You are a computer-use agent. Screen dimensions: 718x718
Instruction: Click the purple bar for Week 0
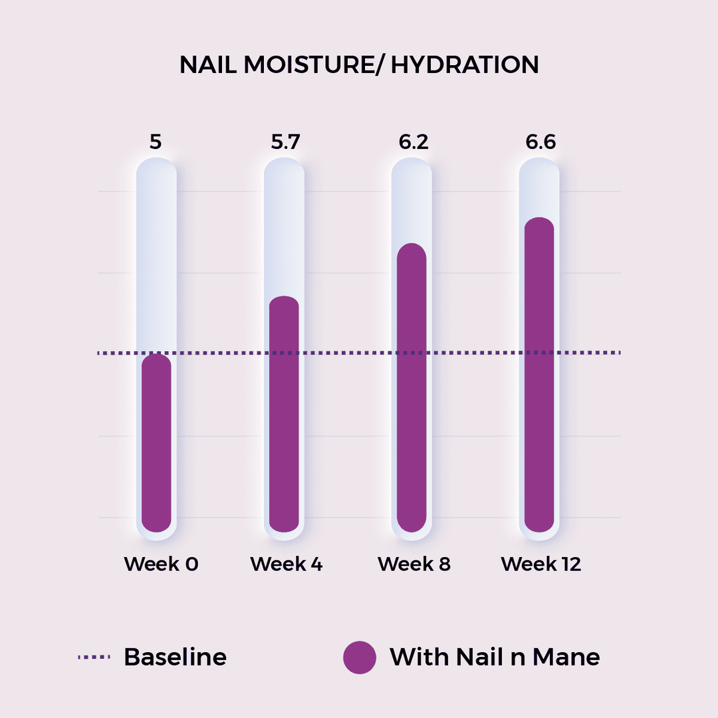156,443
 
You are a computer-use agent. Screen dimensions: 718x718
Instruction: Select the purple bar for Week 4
284,414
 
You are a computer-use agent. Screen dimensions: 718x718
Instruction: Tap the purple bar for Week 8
412,388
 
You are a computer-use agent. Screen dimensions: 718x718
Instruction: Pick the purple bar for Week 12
539,374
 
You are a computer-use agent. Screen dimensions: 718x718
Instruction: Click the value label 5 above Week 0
156,142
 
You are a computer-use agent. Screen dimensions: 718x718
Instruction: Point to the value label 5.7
285,142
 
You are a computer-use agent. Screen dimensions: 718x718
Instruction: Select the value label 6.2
414,142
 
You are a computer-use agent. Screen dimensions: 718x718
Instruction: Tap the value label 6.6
540,142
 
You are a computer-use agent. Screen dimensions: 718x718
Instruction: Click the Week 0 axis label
161,564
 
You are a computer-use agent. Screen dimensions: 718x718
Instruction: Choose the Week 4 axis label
287,564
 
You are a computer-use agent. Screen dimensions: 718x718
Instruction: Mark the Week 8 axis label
414,564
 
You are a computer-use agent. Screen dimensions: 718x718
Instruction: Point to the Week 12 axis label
540,564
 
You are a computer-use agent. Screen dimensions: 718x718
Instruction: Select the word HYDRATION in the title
465,64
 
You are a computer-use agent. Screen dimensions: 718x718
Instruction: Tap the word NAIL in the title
208,64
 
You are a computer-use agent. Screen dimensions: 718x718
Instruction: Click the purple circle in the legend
360,657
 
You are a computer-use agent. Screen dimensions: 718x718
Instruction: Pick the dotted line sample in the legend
94,657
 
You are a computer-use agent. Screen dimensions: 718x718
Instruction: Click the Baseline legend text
176,657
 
